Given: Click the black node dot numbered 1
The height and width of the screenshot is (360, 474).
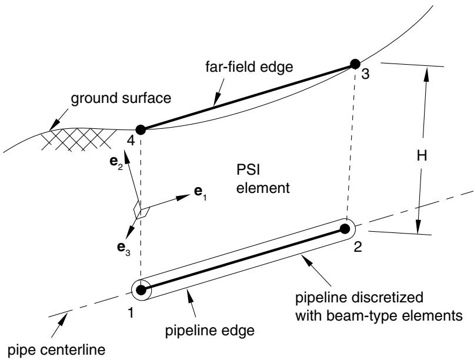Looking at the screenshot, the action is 141,290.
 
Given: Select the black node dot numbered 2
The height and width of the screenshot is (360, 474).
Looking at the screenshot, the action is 344,228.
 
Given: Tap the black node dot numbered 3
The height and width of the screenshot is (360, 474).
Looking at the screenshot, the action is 355,64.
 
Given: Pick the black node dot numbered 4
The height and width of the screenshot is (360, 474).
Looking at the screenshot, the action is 141,129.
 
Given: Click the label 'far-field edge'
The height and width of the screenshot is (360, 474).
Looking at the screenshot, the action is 249,66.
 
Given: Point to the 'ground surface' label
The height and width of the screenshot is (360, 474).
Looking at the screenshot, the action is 121,99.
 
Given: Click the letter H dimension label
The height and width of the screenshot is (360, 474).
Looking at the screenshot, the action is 422,156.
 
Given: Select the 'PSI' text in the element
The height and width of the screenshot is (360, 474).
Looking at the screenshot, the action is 248,169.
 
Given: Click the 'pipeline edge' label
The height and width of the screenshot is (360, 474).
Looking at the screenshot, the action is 209,331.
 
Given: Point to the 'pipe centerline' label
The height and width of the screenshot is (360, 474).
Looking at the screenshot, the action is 56,350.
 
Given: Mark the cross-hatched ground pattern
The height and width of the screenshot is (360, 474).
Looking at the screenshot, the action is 79,140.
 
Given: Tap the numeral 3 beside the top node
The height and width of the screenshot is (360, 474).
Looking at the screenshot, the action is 365,74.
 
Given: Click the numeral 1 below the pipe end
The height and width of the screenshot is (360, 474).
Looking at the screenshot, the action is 131,312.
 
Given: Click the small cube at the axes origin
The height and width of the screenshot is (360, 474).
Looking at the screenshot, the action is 142,210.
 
